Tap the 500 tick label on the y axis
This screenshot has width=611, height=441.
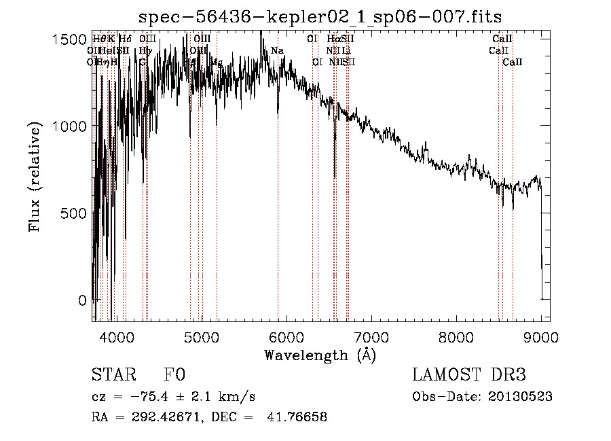tap(73, 213)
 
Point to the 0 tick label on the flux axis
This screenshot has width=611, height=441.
tap(82, 300)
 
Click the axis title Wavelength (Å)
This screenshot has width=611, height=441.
tap(320, 355)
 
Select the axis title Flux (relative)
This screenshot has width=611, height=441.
tap(36, 177)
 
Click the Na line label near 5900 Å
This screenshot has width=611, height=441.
tap(277, 51)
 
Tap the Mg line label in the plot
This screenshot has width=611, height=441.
tap(217, 62)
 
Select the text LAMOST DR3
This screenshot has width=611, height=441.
tap(468, 375)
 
